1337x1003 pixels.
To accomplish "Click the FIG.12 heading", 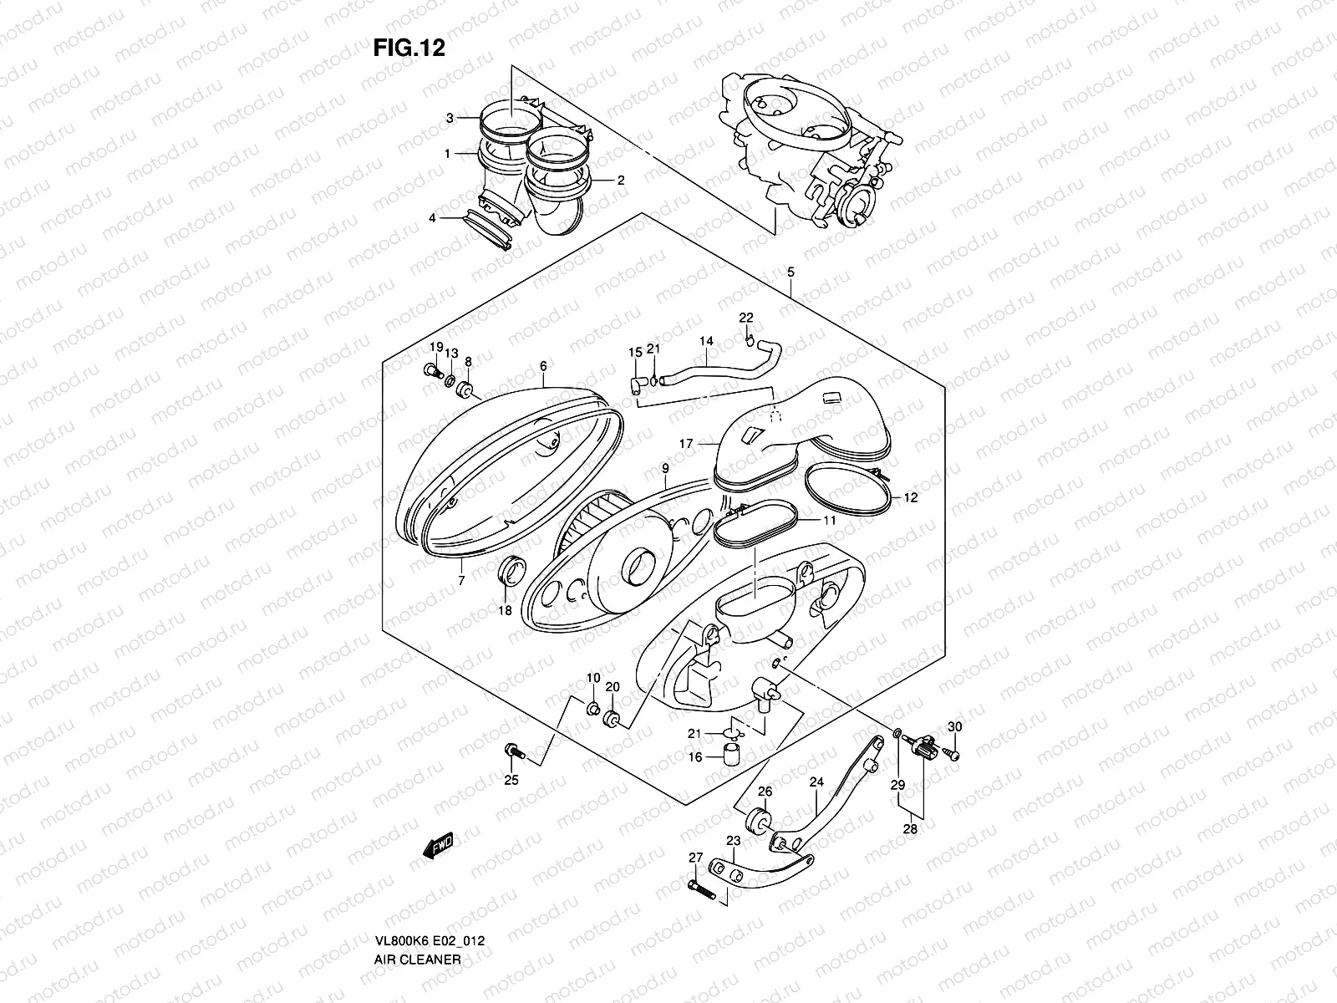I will click(409, 48).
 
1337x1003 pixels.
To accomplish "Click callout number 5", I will click(791, 272).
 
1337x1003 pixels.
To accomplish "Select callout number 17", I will click(685, 444).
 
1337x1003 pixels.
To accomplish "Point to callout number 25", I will click(511, 781).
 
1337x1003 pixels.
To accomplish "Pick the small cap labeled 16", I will click(733, 758).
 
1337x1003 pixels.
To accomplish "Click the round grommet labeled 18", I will click(510, 573).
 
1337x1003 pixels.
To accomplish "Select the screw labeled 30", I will click(953, 754).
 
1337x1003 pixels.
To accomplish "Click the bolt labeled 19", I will click(432, 370).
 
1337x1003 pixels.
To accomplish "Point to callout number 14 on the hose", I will click(706, 341).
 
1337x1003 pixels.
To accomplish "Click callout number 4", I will click(432, 218).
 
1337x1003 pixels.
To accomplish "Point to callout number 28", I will click(910, 829).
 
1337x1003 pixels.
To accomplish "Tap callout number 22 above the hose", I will click(745, 318).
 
